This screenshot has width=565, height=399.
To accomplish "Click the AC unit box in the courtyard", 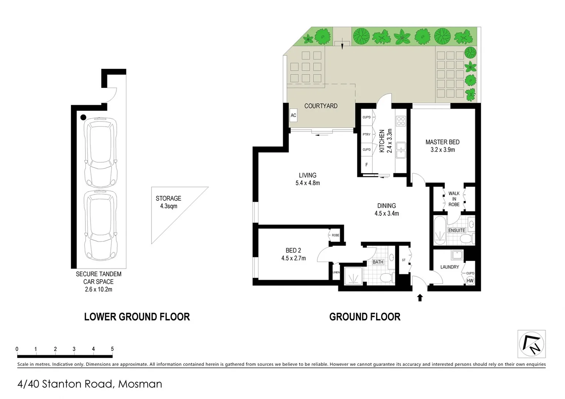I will pos(293,115).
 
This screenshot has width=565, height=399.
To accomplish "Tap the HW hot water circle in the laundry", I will pos(470,281).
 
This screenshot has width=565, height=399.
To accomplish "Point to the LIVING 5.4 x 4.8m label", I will pos(307,179).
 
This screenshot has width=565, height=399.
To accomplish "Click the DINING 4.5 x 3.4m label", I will pos(387,209).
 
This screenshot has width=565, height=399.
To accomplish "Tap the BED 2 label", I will pos(293,254).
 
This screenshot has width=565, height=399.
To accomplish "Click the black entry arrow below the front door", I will pos(420,297).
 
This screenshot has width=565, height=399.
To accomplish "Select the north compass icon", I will pos(532,344).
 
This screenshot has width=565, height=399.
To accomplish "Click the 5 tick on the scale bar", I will pos(112,349).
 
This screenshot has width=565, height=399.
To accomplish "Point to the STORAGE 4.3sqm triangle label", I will pos(169,202).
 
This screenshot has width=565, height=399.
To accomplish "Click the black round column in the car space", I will pos(84,117).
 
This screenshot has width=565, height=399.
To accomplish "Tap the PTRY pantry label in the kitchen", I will pos(366,134).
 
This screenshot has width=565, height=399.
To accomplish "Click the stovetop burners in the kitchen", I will pos(401,121).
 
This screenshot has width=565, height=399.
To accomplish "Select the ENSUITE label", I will pos(457,230).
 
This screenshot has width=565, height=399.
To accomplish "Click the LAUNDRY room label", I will pos(449,267).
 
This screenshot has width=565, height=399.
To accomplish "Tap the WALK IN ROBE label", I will pos(454,199).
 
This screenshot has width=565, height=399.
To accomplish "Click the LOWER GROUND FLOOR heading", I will pos(137,317).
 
